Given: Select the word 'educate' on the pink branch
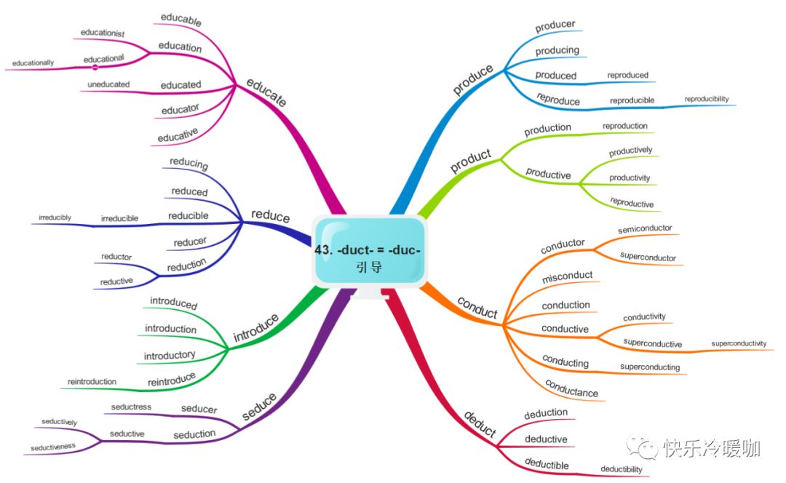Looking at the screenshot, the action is coord(266,92).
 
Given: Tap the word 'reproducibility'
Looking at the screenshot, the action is coord(706,99).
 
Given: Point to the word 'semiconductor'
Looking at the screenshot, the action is coord(645,229).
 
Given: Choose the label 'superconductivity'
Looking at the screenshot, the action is coord(739,343).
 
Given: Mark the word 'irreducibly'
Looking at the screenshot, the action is coord(55,217).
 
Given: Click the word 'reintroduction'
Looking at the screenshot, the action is coord(92,381).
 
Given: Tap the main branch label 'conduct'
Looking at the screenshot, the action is coord(477,308).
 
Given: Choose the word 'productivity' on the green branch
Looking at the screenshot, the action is coord(630,178).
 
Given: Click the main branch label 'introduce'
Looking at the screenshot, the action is coord(255,328).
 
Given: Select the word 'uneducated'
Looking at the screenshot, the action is coord(108,84).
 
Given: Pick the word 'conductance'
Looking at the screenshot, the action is coord(571,389).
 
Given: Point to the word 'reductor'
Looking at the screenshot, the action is coord(116,257).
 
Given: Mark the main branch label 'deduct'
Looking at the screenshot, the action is coord(480,426).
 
